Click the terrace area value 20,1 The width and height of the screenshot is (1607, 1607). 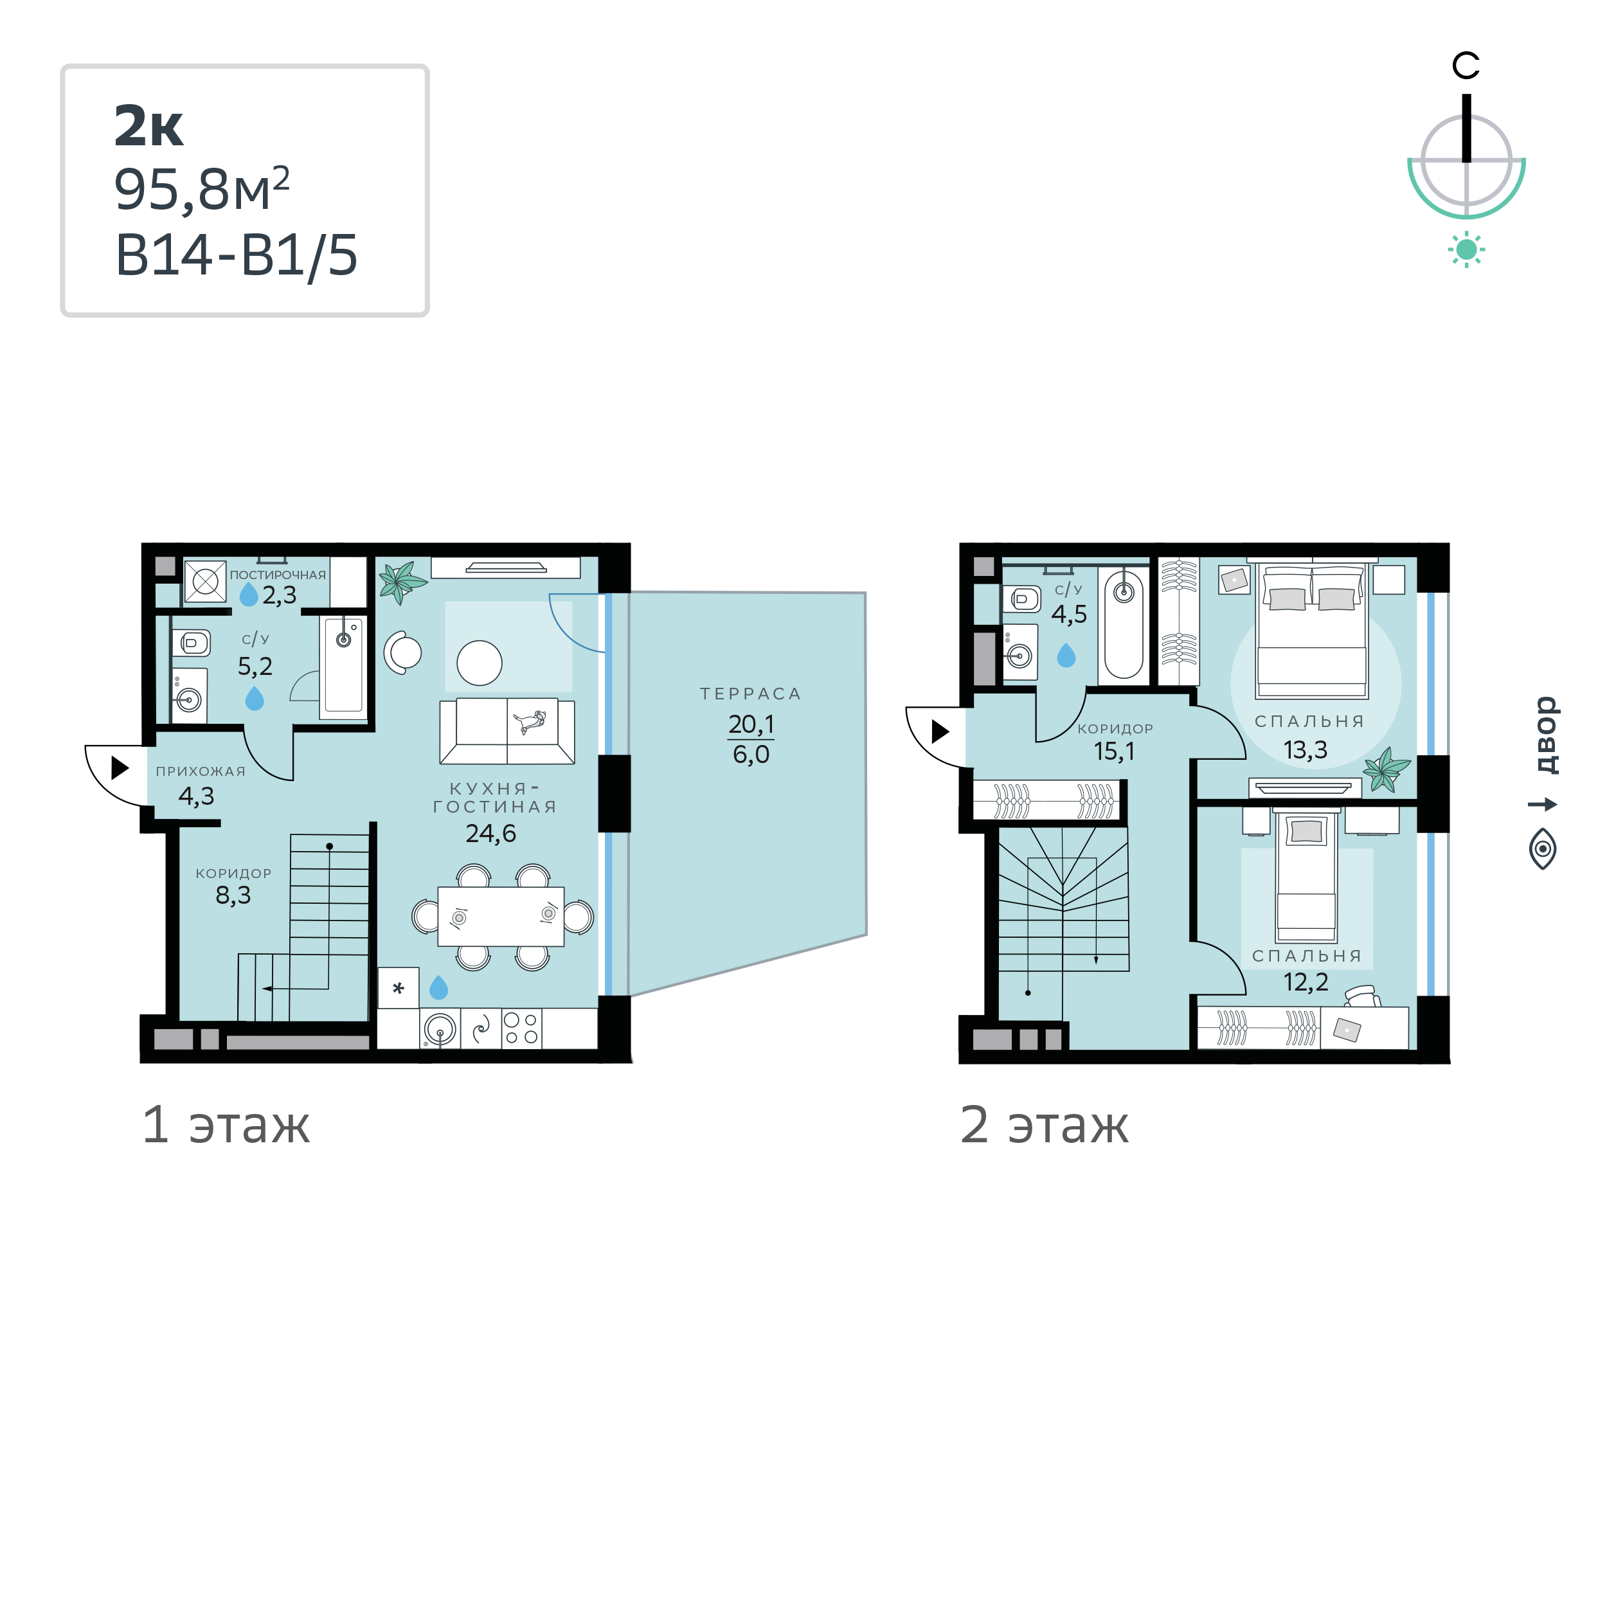pos(751,724)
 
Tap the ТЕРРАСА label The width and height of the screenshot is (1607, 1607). pos(750,694)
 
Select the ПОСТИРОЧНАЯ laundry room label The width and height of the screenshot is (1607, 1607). pos(278,575)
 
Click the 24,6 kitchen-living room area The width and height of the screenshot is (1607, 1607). pos(490,834)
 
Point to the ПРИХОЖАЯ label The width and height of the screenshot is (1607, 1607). pos(201,771)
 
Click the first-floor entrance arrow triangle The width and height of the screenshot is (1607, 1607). pos(120,767)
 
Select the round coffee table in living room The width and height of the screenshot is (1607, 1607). pos(479,663)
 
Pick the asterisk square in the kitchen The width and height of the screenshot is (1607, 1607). pos(399,988)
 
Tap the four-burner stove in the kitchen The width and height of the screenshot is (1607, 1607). pos(521,1028)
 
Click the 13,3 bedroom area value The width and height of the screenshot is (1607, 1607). pos(1305,750)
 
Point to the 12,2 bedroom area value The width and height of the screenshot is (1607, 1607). pos(1306,982)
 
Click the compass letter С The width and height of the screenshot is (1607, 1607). pos(1466,66)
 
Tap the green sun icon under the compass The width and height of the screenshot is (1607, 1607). pos(1466,249)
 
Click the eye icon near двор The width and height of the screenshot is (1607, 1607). pos(1543,849)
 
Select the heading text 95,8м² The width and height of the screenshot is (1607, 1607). pos(202,190)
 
